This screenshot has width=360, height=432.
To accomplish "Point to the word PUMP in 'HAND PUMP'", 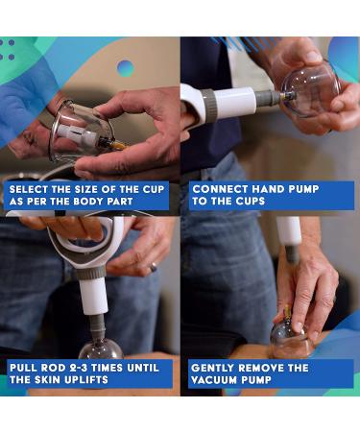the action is (x=303, y=189).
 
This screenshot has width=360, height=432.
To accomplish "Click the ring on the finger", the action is (x=154, y=267).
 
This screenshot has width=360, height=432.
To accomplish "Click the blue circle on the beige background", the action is (x=125, y=68).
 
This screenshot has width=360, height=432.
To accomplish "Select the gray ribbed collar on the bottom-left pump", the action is (x=90, y=273).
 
